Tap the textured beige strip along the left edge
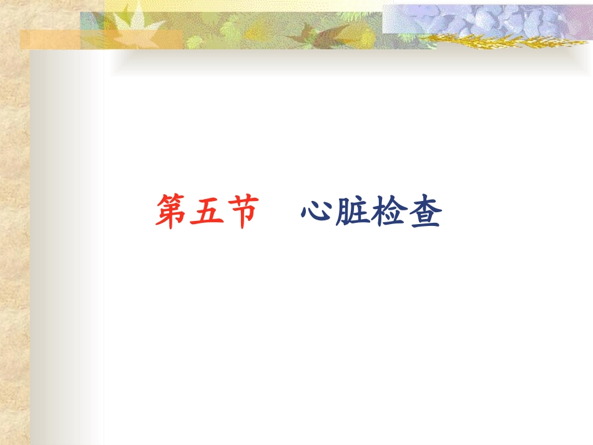tap(14, 250)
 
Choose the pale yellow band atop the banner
tap(250, 6)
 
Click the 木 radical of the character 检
tap(379, 213)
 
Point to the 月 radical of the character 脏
tap(343, 213)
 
